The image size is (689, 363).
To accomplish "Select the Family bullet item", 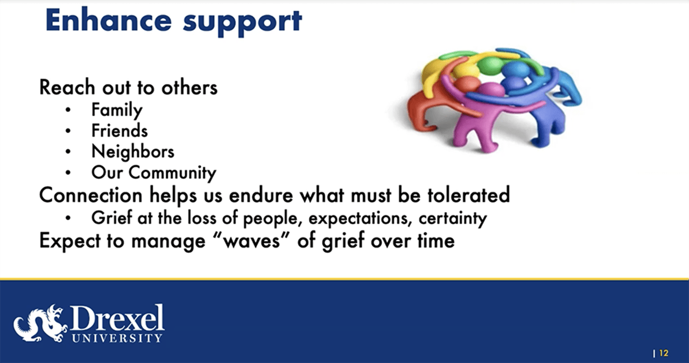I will [117, 110].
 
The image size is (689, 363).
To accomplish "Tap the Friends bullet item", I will [119, 131].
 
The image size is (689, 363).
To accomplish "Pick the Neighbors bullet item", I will [132, 152].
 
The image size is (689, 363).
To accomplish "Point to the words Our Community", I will [153, 173].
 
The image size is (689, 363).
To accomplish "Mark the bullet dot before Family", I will [68, 110].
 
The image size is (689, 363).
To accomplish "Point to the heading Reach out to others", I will [128, 87].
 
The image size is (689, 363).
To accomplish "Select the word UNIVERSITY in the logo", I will [116, 338].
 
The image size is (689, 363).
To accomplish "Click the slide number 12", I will [663, 353].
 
